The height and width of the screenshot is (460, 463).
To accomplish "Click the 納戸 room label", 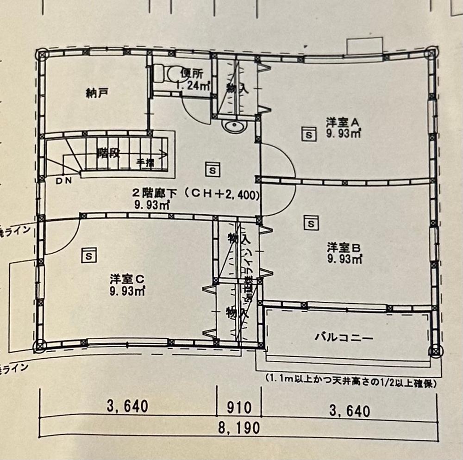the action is click(x=97, y=93).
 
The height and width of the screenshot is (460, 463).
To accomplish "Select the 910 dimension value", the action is click(x=239, y=408).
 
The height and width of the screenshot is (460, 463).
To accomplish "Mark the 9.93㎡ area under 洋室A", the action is click(x=344, y=134).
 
